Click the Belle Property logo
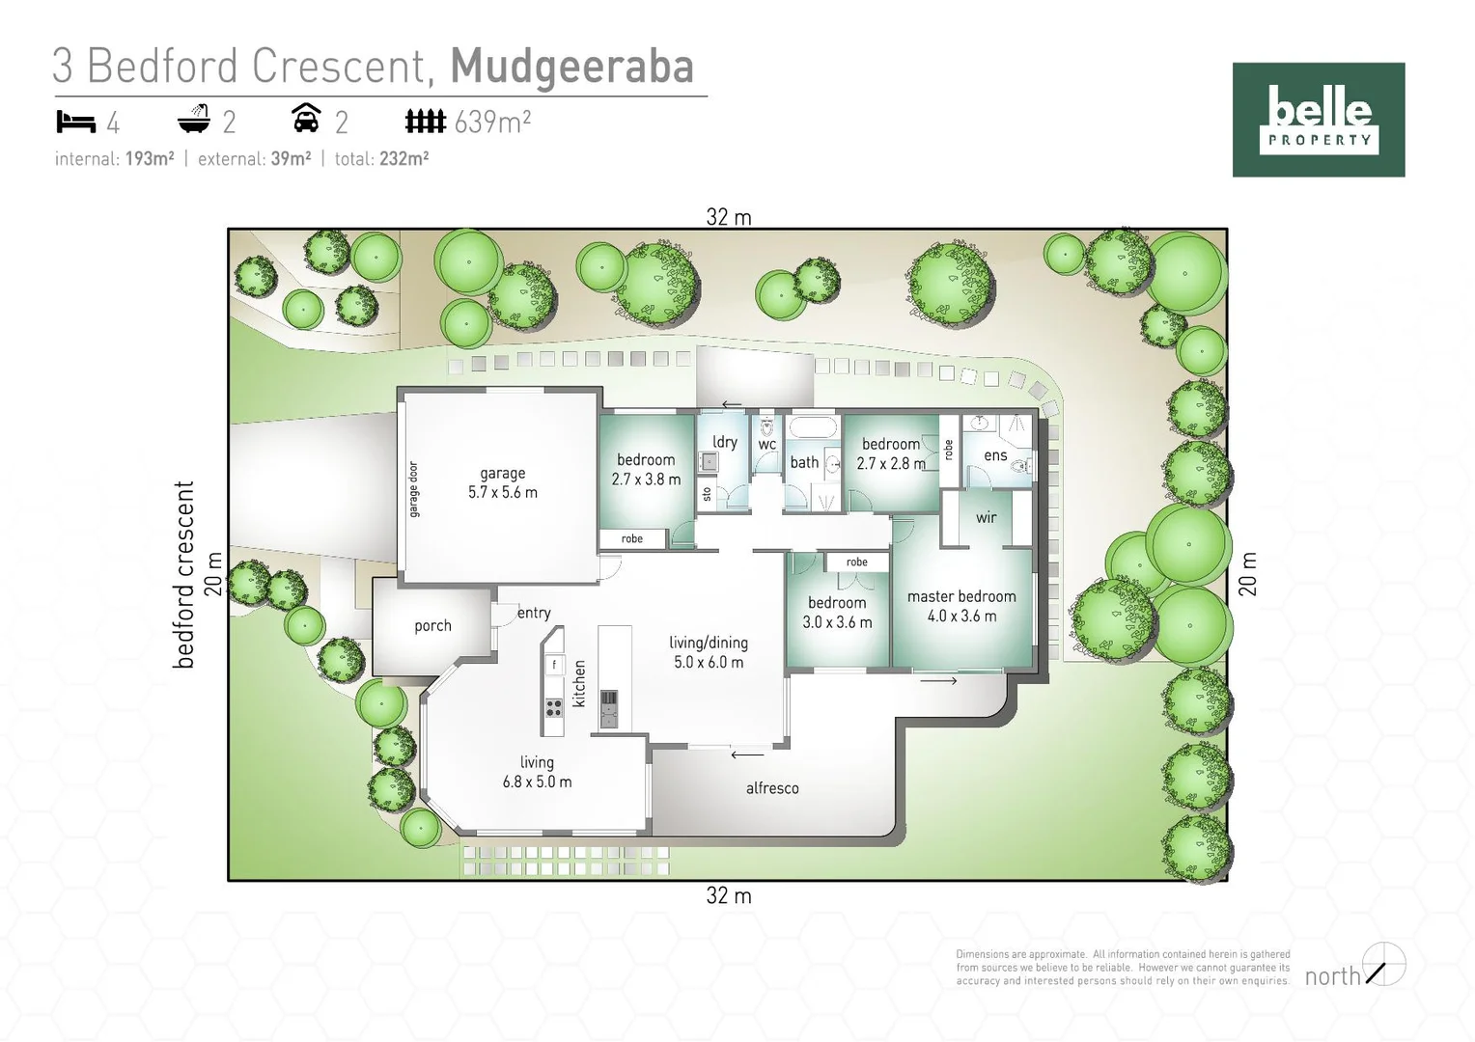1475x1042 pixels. tap(1318, 120)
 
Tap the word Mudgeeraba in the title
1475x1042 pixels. tap(571, 66)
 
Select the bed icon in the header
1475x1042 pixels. tap(76, 122)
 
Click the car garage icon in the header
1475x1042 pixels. tap(306, 119)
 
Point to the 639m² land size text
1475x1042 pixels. tap(492, 122)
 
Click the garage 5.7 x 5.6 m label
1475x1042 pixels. tap(503, 482)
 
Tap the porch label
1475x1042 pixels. tap(432, 626)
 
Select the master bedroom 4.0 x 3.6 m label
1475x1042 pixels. tap(961, 606)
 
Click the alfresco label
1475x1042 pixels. tap(772, 788)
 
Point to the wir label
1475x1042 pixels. tap(986, 517)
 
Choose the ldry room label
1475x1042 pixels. tap(724, 442)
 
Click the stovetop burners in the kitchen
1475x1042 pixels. tap(554, 707)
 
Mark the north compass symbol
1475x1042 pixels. tap(1384, 964)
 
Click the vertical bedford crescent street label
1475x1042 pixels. tap(184, 574)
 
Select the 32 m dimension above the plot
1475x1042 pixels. tap(729, 217)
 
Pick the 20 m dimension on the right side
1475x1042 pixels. tap(1247, 574)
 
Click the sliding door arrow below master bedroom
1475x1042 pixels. tap(938, 681)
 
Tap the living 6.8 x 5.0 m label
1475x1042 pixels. tap(537, 772)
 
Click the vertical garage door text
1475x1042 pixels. tap(414, 489)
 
